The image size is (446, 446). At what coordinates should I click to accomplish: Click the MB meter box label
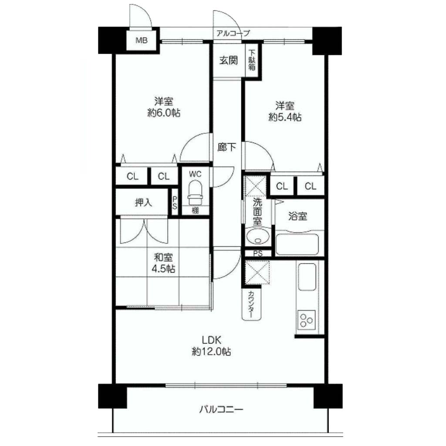point(142,41)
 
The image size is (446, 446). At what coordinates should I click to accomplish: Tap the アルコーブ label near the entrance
point(233,33)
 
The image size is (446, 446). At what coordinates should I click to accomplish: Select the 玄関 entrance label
point(228,60)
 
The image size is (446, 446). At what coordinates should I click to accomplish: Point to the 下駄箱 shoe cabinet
point(252,60)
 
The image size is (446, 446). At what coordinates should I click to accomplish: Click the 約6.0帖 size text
point(164,113)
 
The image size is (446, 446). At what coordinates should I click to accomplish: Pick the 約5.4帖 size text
point(285,117)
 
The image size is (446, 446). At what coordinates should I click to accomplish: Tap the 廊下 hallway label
point(226,147)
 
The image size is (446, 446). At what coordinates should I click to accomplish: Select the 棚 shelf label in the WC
point(195,210)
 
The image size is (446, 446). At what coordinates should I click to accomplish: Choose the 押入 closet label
point(143,203)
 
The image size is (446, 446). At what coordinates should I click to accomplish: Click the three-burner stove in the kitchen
point(306,320)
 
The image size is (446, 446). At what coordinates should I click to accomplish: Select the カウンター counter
point(251,304)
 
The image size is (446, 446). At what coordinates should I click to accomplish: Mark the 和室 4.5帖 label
point(163,263)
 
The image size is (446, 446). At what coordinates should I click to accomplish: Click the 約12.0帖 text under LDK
point(211,351)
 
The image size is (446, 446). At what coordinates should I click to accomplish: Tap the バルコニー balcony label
point(221,410)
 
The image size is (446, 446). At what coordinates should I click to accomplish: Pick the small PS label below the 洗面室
point(258,253)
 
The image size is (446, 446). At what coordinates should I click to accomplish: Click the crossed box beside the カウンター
point(257,272)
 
